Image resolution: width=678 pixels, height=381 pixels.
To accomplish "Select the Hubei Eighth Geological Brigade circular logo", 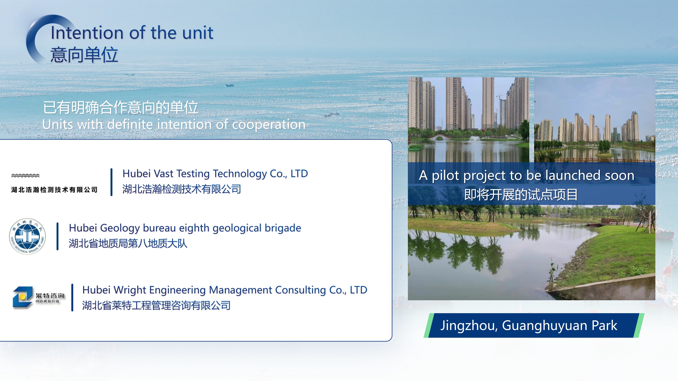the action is [x=27, y=236].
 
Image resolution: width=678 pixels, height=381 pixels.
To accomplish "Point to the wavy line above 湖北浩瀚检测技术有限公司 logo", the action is [x=25, y=175].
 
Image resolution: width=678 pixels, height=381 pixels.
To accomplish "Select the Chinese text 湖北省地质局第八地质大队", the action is [x=128, y=243].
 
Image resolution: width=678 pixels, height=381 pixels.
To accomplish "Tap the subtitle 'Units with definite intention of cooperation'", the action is [x=174, y=124].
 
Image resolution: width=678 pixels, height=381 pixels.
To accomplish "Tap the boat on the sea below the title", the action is [x=230, y=85].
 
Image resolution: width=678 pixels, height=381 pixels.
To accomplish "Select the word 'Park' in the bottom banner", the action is [x=605, y=326].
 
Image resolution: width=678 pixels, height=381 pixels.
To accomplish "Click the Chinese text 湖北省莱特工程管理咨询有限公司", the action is [x=156, y=305].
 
